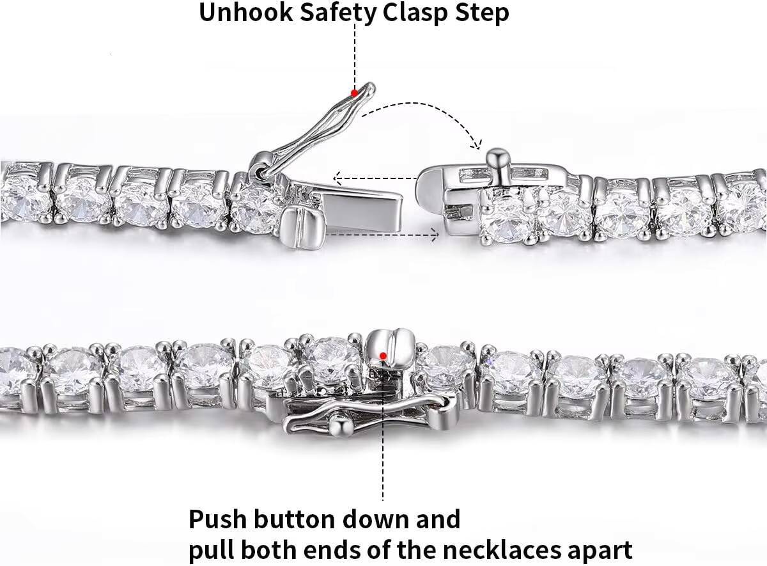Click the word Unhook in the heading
[246, 12]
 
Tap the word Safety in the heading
[338, 13]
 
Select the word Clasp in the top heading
[415, 13]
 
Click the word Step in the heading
[482, 13]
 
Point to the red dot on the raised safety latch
[355, 93]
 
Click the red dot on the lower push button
[383, 356]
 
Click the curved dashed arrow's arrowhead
[477, 145]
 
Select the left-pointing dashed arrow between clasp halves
[375, 178]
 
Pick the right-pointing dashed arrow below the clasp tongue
[383, 235]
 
